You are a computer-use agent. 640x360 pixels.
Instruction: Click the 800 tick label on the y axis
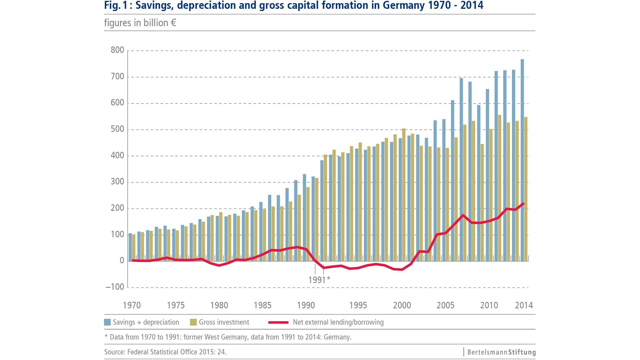[x=117, y=50]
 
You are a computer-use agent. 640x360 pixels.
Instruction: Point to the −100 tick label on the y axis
[x=115, y=287]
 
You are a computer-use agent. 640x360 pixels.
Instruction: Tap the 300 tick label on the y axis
[x=117, y=182]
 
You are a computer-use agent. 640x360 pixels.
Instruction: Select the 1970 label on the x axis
[x=132, y=305]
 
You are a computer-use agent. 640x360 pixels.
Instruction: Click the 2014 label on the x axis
[x=524, y=305]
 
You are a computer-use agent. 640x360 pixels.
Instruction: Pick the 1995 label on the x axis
[x=358, y=305]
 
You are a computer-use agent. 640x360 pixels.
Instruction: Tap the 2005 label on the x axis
[x=445, y=305]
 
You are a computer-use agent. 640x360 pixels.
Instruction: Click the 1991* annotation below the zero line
[x=319, y=280]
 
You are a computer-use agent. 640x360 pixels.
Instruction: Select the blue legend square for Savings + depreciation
[x=107, y=322]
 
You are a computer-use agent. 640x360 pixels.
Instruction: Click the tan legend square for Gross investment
[x=193, y=322]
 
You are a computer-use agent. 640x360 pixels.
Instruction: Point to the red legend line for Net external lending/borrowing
[x=278, y=322]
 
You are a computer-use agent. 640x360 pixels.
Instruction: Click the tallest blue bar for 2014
[x=522, y=160]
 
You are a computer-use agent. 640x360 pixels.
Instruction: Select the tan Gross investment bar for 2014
[x=526, y=188]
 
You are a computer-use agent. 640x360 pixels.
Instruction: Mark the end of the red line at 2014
[x=524, y=204]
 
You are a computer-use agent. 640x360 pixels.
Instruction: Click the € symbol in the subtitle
[x=173, y=23]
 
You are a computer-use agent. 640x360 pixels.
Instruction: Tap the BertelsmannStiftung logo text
[x=501, y=352]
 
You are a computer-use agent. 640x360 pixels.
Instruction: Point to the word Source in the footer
[x=114, y=352]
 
